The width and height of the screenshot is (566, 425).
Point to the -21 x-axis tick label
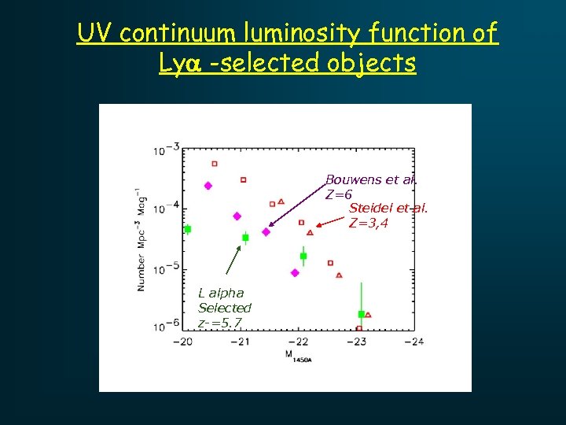[241, 342]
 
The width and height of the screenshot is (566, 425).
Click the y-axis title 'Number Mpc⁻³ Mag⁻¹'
[141, 239]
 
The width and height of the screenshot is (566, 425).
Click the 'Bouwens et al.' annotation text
[371, 179]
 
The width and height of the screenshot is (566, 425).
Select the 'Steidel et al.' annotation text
[388, 208]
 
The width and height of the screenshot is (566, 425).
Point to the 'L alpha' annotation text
[221, 293]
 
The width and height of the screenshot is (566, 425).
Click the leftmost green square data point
[187, 229]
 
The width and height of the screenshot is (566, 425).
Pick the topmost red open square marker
[214, 164]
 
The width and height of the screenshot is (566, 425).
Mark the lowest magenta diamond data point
[295, 273]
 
